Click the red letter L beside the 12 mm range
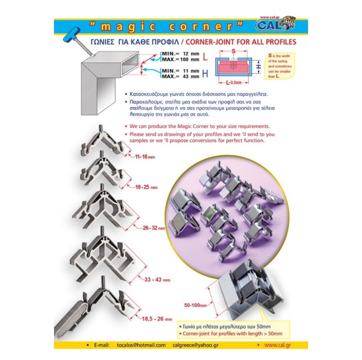coord(205,57)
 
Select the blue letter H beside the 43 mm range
coord(205,74)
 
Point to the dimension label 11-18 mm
coord(145,157)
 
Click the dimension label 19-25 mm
coord(147,187)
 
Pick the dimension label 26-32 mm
coord(154,228)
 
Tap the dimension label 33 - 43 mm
coord(157,280)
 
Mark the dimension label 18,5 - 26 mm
coord(157,319)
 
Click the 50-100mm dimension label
coord(195,305)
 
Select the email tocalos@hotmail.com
coord(141,345)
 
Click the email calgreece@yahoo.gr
coord(195,345)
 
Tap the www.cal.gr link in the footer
coord(278,345)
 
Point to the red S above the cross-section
coord(233,51)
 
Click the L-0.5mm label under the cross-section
coord(233,82)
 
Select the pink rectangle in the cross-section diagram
coord(233,66)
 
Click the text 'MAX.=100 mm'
coord(180,59)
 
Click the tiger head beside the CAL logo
coord(288,23)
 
